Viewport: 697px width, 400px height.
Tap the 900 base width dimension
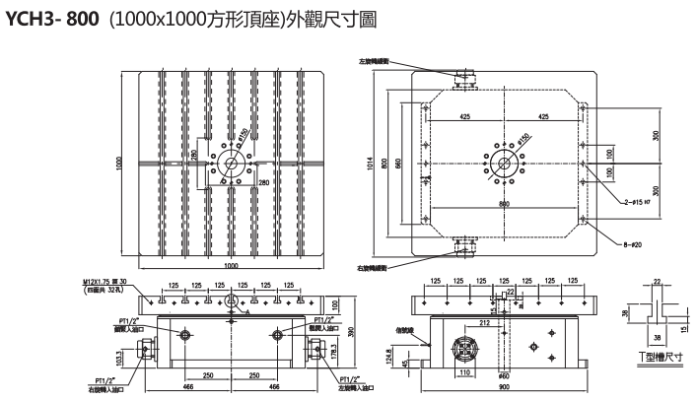point(504,388)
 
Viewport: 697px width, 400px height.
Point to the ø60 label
point(503,375)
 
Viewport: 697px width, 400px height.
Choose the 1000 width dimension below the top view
point(230,266)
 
